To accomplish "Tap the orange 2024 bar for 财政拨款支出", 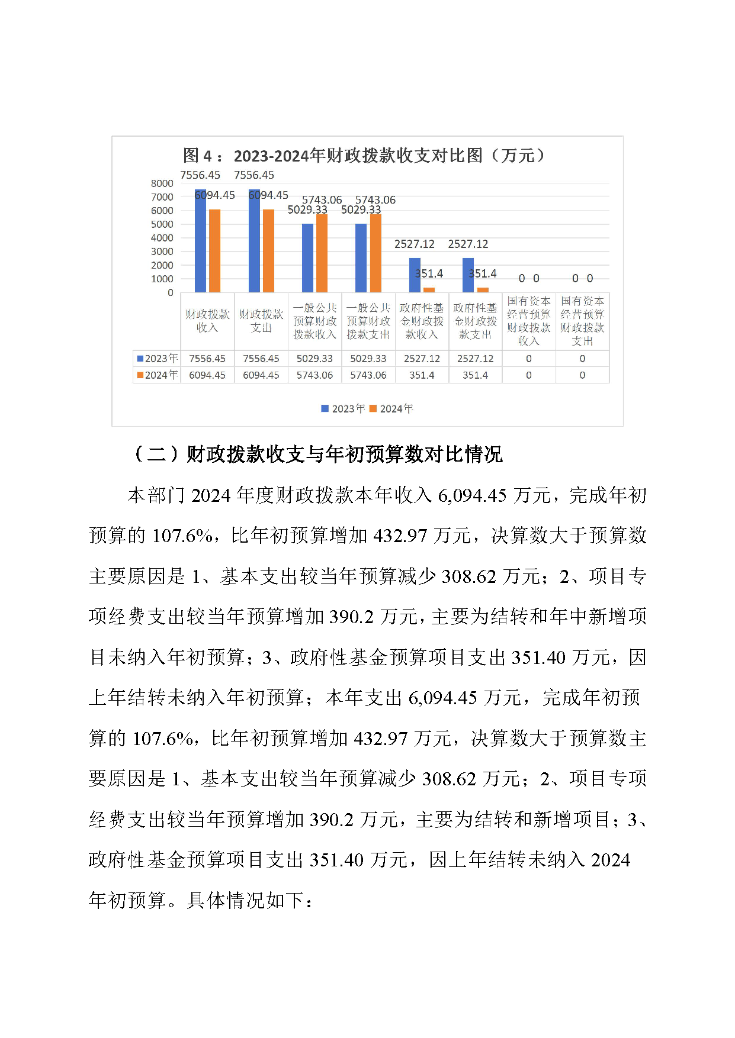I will point(268,251).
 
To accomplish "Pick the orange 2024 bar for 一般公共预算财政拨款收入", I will point(322,253).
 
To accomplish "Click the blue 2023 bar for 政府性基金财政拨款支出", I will point(468,275).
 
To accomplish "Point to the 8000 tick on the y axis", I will point(162,183).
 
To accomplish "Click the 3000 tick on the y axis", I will point(162,252).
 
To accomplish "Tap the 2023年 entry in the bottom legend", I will point(343,409).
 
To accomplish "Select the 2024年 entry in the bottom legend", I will point(391,409).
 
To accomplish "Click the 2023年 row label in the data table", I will point(158,359).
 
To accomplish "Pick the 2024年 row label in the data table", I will point(158,375).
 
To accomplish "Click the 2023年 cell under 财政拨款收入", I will point(207,359).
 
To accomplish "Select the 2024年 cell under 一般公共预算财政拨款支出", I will point(368,375).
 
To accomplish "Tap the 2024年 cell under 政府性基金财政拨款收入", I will point(422,375).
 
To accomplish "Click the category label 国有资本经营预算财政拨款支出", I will point(582,321).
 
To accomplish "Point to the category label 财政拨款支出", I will point(261,321).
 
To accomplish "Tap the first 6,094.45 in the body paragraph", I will point(472,495).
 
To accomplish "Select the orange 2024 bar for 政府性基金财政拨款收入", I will point(429,290).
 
